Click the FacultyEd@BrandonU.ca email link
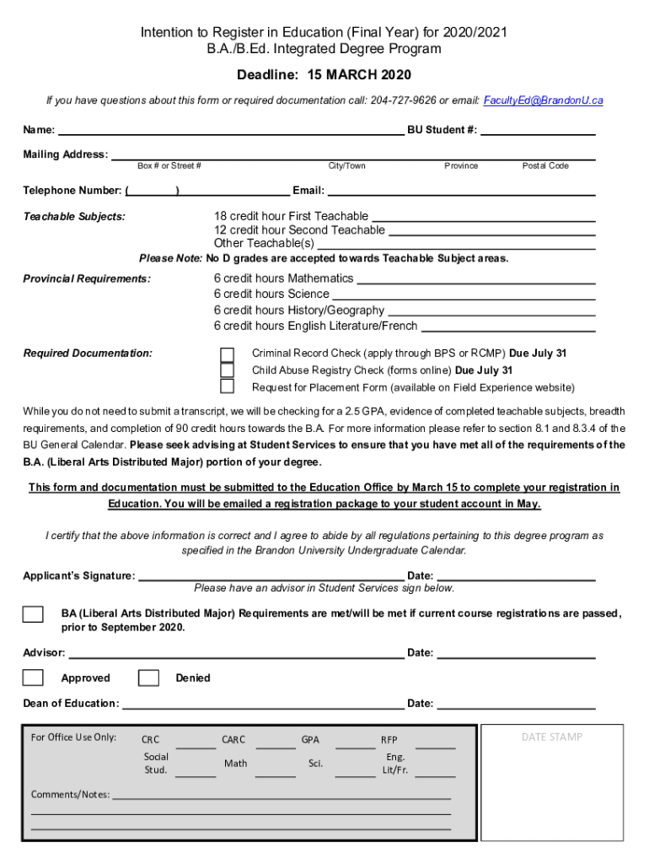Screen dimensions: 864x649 pyautogui.click(x=543, y=100)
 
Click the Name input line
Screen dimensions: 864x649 pyautogui.click(x=230, y=131)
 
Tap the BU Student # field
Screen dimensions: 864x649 pyautogui.click(x=538, y=131)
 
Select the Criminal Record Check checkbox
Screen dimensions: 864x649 pyautogui.click(x=228, y=354)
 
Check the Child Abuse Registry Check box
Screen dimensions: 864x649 pyautogui.click(x=228, y=370)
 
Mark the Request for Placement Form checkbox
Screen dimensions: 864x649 pyautogui.click(x=228, y=386)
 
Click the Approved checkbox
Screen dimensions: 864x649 pyautogui.click(x=33, y=678)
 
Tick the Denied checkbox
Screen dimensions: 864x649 pyautogui.click(x=148, y=678)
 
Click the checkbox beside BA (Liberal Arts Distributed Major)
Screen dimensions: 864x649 pyautogui.click(x=33, y=614)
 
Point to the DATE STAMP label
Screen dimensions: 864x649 pyautogui.click(x=551, y=737)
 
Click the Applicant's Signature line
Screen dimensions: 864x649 pyautogui.click(x=270, y=577)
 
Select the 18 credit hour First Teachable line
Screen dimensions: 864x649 pyautogui.click(x=483, y=218)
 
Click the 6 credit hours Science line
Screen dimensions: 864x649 pyautogui.click(x=464, y=295)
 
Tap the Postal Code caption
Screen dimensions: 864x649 pyautogui.click(x=545, y=166)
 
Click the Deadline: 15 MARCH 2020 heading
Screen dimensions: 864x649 pyautogui.click(x=324, y=75)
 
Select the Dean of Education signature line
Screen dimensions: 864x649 pyautogui.click(x=262, y=705)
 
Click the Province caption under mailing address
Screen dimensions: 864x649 pyautogui.click(x=461, y=166)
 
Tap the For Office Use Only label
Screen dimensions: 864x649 pyautogui.click(x=73, y=737)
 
